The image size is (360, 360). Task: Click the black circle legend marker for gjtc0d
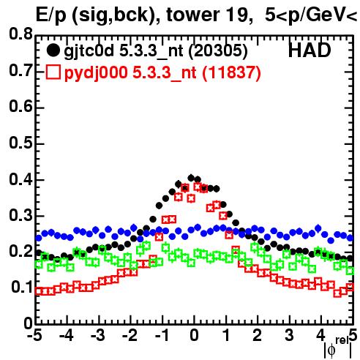pos(53,50)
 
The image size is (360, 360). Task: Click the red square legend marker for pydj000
pos(53,72)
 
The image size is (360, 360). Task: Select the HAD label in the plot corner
pos(310,50)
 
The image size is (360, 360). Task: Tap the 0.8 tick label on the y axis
pos(20,34)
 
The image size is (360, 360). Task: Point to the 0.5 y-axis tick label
pos(20,143)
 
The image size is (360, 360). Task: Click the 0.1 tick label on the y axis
pos(22,288)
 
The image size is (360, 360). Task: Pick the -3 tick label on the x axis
pos(98,335)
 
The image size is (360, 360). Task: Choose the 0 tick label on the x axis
pos(194,335)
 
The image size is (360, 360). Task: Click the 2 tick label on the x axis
pos(258,335)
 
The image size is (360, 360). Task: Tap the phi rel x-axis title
pos(338,348)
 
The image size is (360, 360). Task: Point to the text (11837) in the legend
pos(231,72)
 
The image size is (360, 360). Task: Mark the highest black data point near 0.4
pos(191,178)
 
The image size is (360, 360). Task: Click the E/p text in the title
pos(51,15)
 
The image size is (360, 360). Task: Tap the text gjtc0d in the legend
pos(89,51)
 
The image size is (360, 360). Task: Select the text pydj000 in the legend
pos(96,73)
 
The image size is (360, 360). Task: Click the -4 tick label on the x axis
pos(67,335)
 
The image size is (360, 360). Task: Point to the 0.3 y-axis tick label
pos(20,215)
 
